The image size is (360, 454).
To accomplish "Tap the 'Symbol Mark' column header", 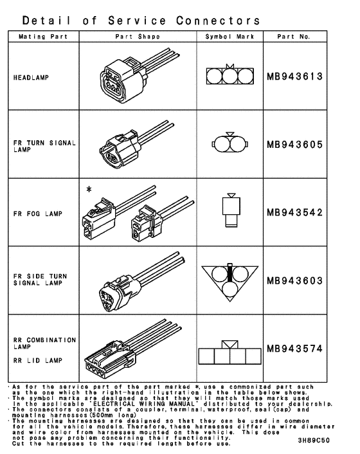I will tap(222, 37).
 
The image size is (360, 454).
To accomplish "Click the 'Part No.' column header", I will tap(294, 37).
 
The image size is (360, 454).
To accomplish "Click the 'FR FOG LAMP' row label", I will tap(36, 213).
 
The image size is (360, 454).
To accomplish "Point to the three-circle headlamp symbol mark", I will tap(222, 77).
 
